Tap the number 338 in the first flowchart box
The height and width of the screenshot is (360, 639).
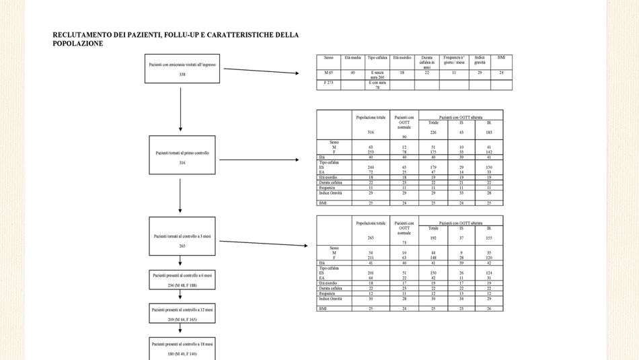tap(182, 74)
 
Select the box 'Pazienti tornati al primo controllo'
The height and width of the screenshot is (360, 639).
tap(182, 155)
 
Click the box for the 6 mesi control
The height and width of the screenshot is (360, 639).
tap(182, 279)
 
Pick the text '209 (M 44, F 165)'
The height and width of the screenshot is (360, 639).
tap(182, 319)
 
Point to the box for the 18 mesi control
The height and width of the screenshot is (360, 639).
tap(182, 348)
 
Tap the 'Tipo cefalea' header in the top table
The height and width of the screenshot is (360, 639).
tap(377, 58)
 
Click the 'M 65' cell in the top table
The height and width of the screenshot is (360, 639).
tap(329, 72)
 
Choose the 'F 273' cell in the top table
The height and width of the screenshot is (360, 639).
tap(329, 83)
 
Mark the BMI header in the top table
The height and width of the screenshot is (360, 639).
tap(501, 58)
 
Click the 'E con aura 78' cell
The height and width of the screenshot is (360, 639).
tap(377, 85)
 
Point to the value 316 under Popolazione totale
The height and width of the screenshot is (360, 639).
tap(371, 132)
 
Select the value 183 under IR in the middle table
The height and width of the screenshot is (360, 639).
tap(489, 132)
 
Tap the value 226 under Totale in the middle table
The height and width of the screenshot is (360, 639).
tap(433, 132)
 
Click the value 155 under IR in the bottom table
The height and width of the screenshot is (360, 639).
tap(489, 238)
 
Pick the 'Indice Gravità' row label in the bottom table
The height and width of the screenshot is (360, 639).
tap(330, 299)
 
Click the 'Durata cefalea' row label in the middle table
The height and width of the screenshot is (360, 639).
tap(331, 182)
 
